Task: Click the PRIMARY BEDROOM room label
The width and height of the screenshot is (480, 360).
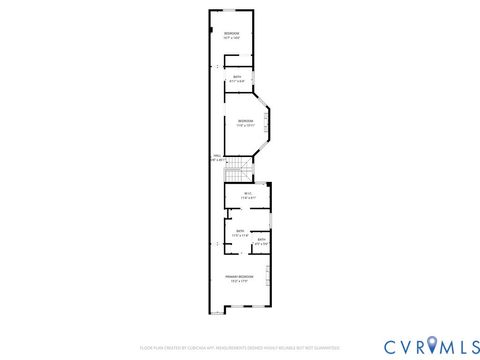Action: click(239, 276)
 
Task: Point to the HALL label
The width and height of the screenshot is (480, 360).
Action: click(216, 155)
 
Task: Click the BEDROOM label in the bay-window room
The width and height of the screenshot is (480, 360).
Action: click(245, 122)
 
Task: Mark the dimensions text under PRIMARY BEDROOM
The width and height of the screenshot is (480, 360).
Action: click(239, 281)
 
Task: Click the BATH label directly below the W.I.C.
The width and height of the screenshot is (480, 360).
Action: click(240, 231)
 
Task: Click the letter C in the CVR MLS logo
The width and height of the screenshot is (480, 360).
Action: click(363, 346)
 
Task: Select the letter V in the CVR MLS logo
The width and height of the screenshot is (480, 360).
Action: click(381, 346)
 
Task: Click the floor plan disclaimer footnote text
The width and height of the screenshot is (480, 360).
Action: click(239, 348)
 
